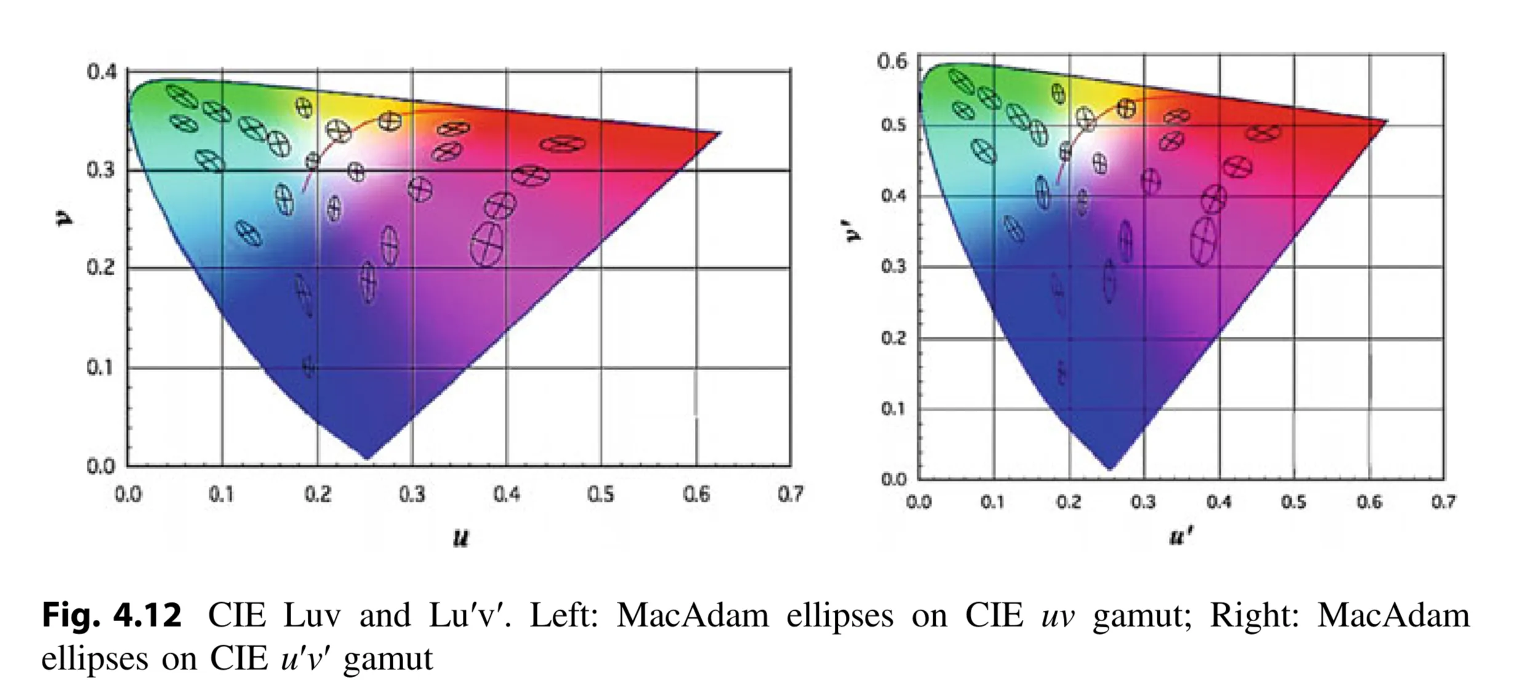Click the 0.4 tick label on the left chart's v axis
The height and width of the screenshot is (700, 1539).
[x=101, y=73]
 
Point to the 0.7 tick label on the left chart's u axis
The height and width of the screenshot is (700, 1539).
[x=790, y=494]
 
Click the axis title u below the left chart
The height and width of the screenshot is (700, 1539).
[x=460, y=539]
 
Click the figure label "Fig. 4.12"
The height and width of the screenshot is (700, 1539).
[x=112, y=616]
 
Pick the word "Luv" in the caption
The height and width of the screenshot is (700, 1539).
[x=311, y=616]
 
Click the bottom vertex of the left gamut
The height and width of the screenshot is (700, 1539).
[x=368, y=459]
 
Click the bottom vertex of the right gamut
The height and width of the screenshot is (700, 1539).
[x=1109, y=470]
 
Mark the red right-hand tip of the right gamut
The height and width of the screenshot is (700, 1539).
[x=1386, y=121]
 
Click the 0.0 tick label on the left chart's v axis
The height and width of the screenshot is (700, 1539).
[x=101, y=467]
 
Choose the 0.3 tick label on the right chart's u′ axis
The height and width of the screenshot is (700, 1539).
[x=1143, y=502]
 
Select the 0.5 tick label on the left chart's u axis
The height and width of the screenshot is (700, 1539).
[x=600, y=494]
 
